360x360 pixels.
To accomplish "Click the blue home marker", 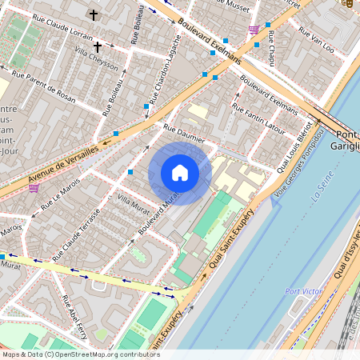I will coord(180,173).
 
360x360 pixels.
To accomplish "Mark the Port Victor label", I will coord(305,291).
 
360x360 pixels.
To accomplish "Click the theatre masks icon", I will coord(346,4).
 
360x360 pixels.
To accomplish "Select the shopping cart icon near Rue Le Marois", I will coord(34,189).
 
